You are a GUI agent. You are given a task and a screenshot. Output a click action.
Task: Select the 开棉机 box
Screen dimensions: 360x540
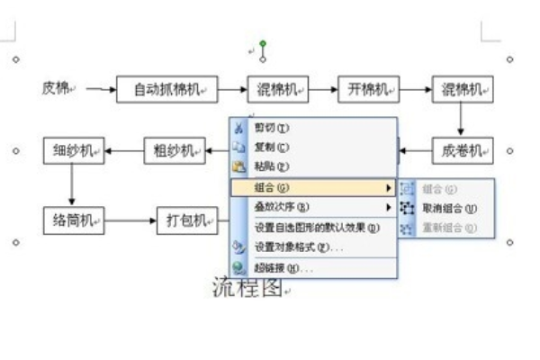point(368,89)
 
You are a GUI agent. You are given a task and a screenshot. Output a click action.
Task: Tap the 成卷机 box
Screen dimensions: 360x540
point(463,150)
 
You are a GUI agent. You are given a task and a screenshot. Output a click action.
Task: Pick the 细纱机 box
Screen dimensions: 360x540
point(74,150)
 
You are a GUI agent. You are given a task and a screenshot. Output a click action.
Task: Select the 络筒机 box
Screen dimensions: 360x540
point(74,219)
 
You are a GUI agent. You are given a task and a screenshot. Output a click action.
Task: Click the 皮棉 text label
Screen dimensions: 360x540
point(56,88)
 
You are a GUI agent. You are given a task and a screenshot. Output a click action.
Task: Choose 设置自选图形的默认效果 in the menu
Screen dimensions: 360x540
point(315,227)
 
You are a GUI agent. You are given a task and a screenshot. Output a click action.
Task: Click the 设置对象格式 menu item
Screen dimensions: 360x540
point(297,247)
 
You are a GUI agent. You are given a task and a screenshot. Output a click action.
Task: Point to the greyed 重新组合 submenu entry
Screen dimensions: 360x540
point(448,228)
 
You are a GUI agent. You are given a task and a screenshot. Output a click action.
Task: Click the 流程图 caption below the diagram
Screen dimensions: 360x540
point(247,287)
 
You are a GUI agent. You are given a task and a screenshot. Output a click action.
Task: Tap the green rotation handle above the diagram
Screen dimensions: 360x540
point(263,43)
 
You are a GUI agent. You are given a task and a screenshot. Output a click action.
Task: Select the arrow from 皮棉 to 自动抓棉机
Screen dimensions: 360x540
point(103,89)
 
